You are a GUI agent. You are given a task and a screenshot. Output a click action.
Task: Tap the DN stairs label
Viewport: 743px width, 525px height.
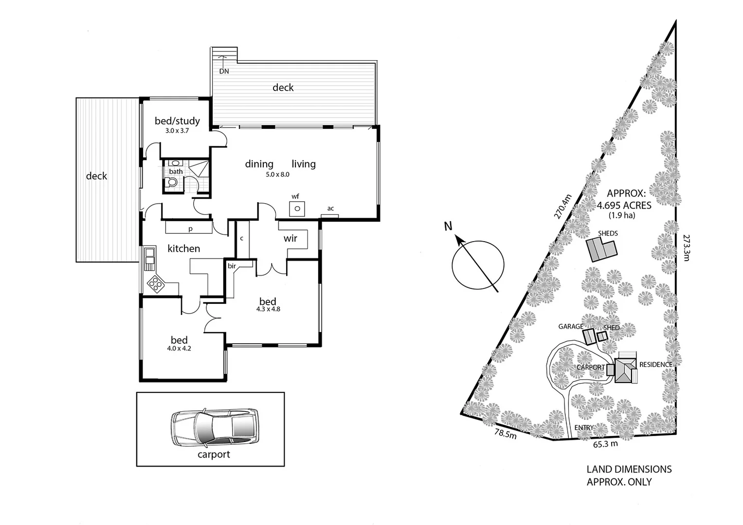(224, 71)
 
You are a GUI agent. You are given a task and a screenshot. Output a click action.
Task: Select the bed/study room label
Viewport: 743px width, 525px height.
(177, 121)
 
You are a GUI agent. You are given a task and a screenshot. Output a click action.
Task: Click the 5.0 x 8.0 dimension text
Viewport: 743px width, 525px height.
(277, 175)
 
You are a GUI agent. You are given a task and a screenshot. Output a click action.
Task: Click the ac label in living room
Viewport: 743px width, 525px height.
(330, 209)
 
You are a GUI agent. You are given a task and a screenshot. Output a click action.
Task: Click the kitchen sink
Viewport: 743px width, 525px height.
(149, 259)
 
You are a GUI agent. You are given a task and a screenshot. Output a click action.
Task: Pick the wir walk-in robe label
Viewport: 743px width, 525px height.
(290, 239)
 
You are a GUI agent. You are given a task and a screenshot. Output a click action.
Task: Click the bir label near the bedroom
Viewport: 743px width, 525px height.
(232, 266)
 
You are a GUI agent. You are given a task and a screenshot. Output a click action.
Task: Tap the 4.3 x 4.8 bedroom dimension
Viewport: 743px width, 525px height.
(268, 309)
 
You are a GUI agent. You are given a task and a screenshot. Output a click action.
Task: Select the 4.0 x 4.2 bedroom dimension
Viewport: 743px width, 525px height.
(179, 348)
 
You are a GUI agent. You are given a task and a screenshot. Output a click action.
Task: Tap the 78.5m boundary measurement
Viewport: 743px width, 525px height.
(505, 433)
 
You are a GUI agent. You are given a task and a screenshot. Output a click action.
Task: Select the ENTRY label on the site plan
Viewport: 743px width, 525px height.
(584, 428)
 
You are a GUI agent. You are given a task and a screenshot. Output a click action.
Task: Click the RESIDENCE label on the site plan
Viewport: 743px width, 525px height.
(655, 365)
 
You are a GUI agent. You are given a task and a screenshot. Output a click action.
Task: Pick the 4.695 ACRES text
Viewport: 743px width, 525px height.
(624, 206)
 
